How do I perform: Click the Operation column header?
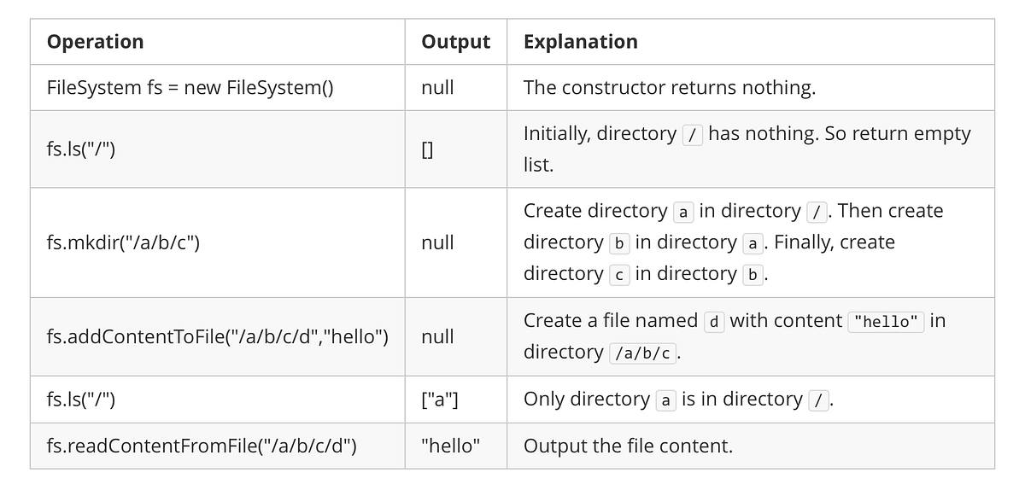click(95, 42)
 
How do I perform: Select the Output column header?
click(455, 42)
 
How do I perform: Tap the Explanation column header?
click(580, 42)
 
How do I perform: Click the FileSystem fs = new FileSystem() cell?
click(190, 88)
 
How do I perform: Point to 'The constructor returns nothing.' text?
click(669, 88)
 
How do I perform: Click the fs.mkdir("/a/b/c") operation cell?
click(123, 242)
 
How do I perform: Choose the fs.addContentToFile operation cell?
click(218, 336)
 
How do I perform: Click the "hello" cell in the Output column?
click(450, 446)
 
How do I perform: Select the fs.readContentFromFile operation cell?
click(202, 446)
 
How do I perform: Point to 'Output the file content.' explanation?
click(628, 446)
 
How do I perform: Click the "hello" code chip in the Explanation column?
click(886, 322)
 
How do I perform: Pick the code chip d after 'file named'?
click(714, 322)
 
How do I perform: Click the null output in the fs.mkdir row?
click(437, 242)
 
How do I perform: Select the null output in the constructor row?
click(437, 88)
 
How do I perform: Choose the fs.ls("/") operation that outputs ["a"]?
click(81, 400)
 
